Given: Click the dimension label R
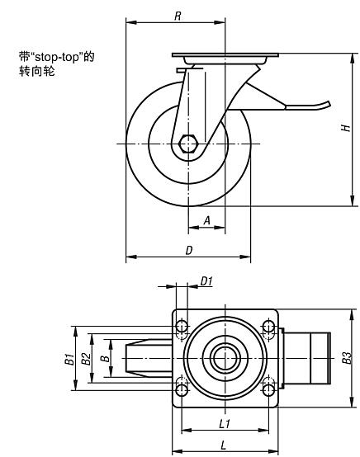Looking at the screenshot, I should tap(178, 15).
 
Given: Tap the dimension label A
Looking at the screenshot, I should tap(206, 219).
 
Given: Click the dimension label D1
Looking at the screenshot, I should tap(206, 281).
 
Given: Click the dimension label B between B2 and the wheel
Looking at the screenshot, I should tap(103, 358).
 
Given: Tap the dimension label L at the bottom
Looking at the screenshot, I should tap(225, 445).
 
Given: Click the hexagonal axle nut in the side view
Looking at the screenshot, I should tap(189, 145).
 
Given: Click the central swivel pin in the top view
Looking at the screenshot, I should tap(225, 357).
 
